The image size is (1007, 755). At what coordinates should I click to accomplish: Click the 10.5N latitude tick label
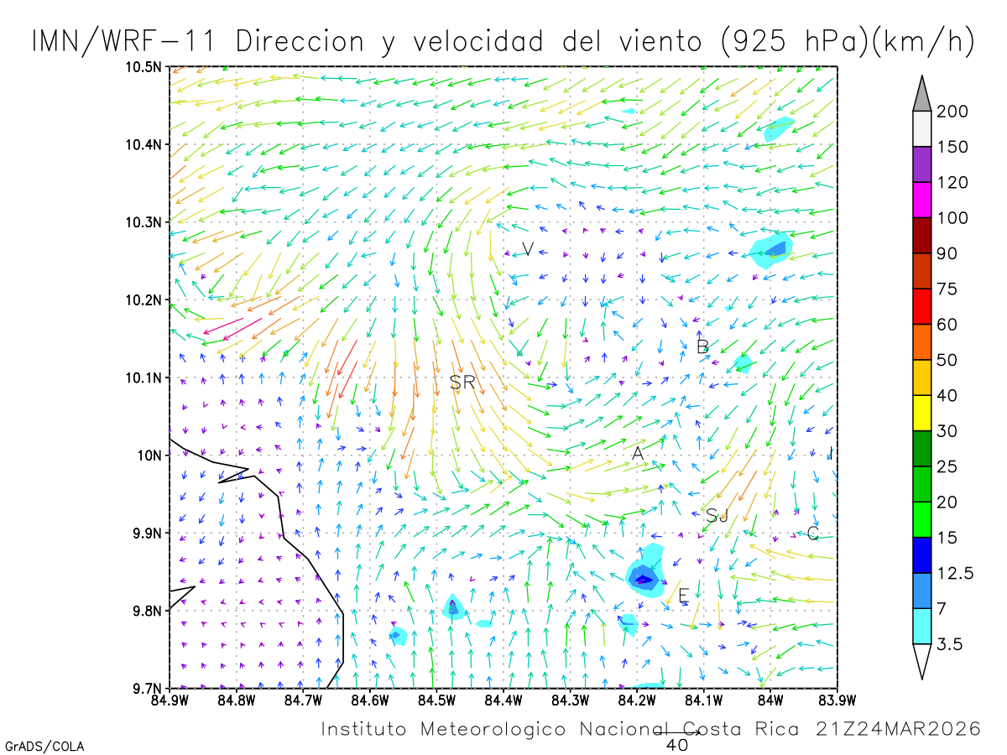[x=143, y=67]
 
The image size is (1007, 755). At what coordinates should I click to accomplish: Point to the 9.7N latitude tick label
[x=147, y=689]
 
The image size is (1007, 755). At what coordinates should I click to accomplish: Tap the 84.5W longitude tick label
[x=436, y=700]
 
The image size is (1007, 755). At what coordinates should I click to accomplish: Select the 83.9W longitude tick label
[x=837, y=700]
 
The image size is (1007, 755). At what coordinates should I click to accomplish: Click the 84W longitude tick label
[x=770, y=700]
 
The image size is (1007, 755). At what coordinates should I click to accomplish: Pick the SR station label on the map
[x=462, y=382]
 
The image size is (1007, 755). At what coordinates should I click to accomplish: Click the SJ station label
[x=717, y=516]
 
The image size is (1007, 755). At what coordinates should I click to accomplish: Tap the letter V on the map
[x=528, y=248]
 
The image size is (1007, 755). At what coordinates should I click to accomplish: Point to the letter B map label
[x=702, y=346]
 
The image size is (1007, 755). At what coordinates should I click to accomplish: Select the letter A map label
[x=638, y=453]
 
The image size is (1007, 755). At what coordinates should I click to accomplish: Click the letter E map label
[x=684, y=596]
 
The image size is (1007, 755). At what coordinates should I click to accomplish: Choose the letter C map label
[x=812, y=534]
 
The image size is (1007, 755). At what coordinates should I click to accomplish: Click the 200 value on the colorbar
[x=952, y=112]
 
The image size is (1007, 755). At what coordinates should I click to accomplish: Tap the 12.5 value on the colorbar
[x=955, y=573]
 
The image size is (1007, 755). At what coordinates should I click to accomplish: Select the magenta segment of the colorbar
[x=921, y=200]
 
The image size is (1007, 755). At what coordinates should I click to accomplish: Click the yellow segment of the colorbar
[x=921, y=413]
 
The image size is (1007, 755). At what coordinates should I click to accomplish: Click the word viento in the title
[x=660, y=41]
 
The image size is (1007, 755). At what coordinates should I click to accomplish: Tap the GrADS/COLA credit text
[x=44, y=746]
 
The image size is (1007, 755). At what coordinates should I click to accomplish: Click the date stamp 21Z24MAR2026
[x=898, y=729]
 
